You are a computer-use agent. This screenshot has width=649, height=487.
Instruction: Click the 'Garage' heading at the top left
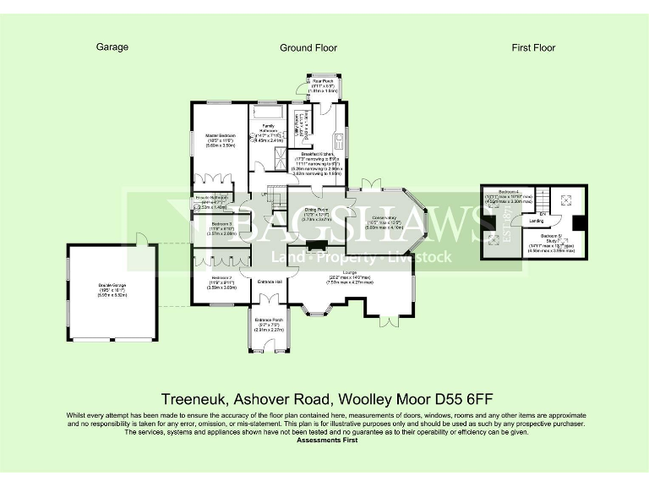pyautogui.click(x=112, y=47)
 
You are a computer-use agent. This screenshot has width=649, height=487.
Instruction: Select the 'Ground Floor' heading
pyautogui.click(x=308, y=48)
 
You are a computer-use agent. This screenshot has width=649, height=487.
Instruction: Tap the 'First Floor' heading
pyautogui.click(x=533, y=48)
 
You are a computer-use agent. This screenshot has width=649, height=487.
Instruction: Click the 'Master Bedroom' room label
pyautogui.click(x=219, y=135)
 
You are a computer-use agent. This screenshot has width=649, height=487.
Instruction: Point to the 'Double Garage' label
pyautogui.click(x=111, y=289)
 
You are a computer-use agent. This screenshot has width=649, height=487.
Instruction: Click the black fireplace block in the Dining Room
pyautogui.click(x=316, y=247)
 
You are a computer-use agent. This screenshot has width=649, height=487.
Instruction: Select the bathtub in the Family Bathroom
pyautogui.click(x=269, y=112)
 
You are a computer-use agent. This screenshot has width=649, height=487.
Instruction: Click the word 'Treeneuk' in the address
pyautogui.click(x=187, y=397)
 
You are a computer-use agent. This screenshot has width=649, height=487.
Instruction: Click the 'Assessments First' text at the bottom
pyautogui.click(x=324, y=440)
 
